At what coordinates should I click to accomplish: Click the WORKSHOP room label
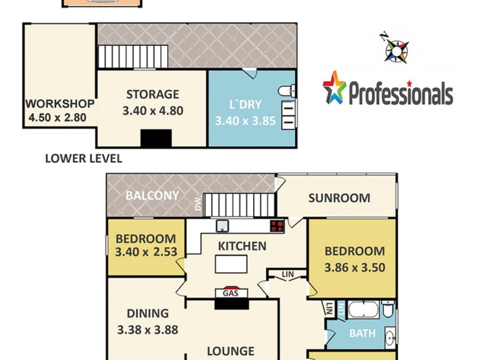coord(60,103)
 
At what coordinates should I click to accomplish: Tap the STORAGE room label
coord(152,94)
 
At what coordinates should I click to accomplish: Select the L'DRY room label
coord(246,105)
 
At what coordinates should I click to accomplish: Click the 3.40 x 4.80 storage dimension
coord(152,110)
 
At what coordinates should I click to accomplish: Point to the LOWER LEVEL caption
coord(83,159)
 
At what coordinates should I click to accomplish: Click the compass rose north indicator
coord(397,48)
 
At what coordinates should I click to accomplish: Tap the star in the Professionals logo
coord(334,87)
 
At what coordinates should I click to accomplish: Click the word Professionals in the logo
coord(400,94)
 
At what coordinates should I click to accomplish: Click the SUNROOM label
coord(339,198)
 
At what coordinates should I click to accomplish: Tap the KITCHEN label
coord(241,246)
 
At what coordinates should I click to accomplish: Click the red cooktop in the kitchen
coord(277,226)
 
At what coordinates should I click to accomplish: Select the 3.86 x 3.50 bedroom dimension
coord(354,268)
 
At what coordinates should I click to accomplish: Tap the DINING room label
coord(148,313)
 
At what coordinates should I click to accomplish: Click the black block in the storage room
coord(156,138)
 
